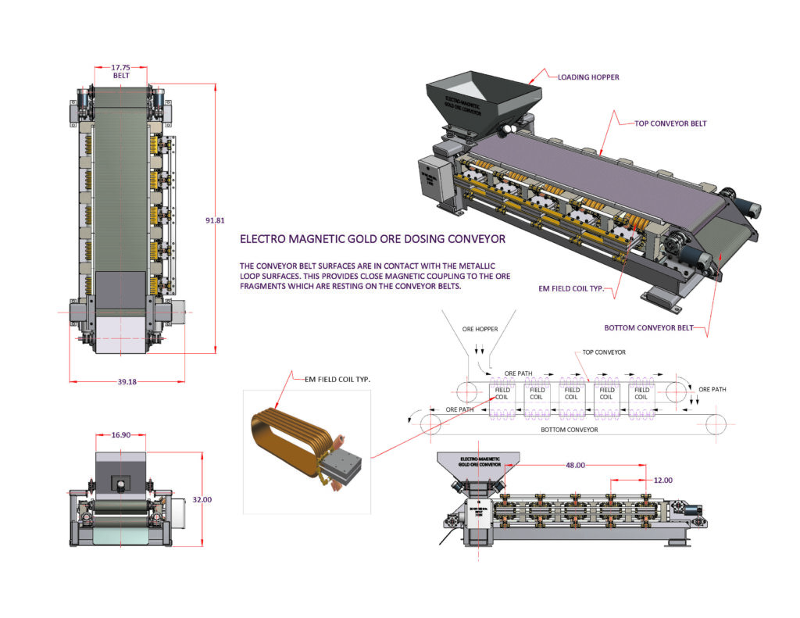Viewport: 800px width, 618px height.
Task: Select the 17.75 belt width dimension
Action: pos(120,67)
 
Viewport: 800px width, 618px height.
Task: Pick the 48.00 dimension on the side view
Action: pos(574,465)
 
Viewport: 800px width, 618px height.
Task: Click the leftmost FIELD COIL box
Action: pos(502,393)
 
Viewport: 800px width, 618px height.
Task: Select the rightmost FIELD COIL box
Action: pos(641,393)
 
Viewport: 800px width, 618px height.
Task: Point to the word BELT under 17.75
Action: pos(120,77)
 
